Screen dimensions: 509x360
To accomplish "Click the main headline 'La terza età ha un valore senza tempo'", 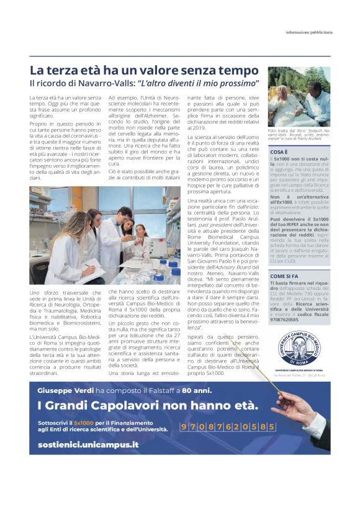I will click(144, 70).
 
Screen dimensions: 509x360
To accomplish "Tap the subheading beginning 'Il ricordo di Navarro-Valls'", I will click(144, 83).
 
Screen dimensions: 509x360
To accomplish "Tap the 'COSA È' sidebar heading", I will click(279, 151).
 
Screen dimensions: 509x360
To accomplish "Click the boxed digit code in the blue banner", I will click(227, 427).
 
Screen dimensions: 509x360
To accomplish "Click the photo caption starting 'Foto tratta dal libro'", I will click(299, 135).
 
